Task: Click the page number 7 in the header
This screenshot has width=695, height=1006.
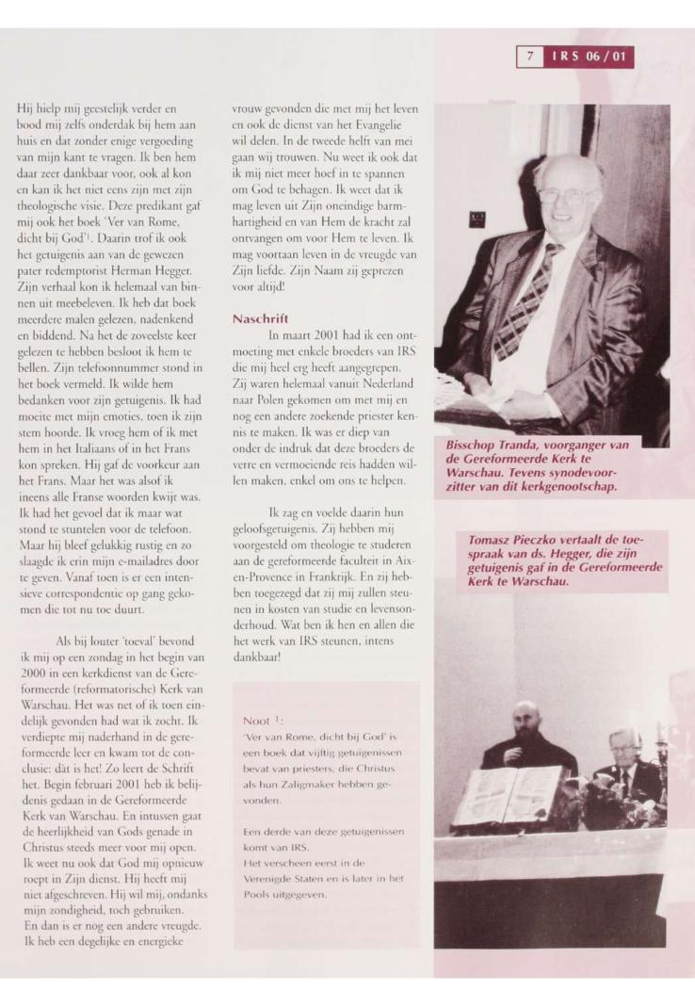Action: (530, 57)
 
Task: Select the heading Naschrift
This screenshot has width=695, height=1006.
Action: (252, 318)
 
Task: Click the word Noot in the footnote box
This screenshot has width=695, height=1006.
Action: (258, 722)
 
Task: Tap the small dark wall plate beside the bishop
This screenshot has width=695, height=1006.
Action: (476, 218)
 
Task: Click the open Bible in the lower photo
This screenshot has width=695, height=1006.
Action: (509, 797)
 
